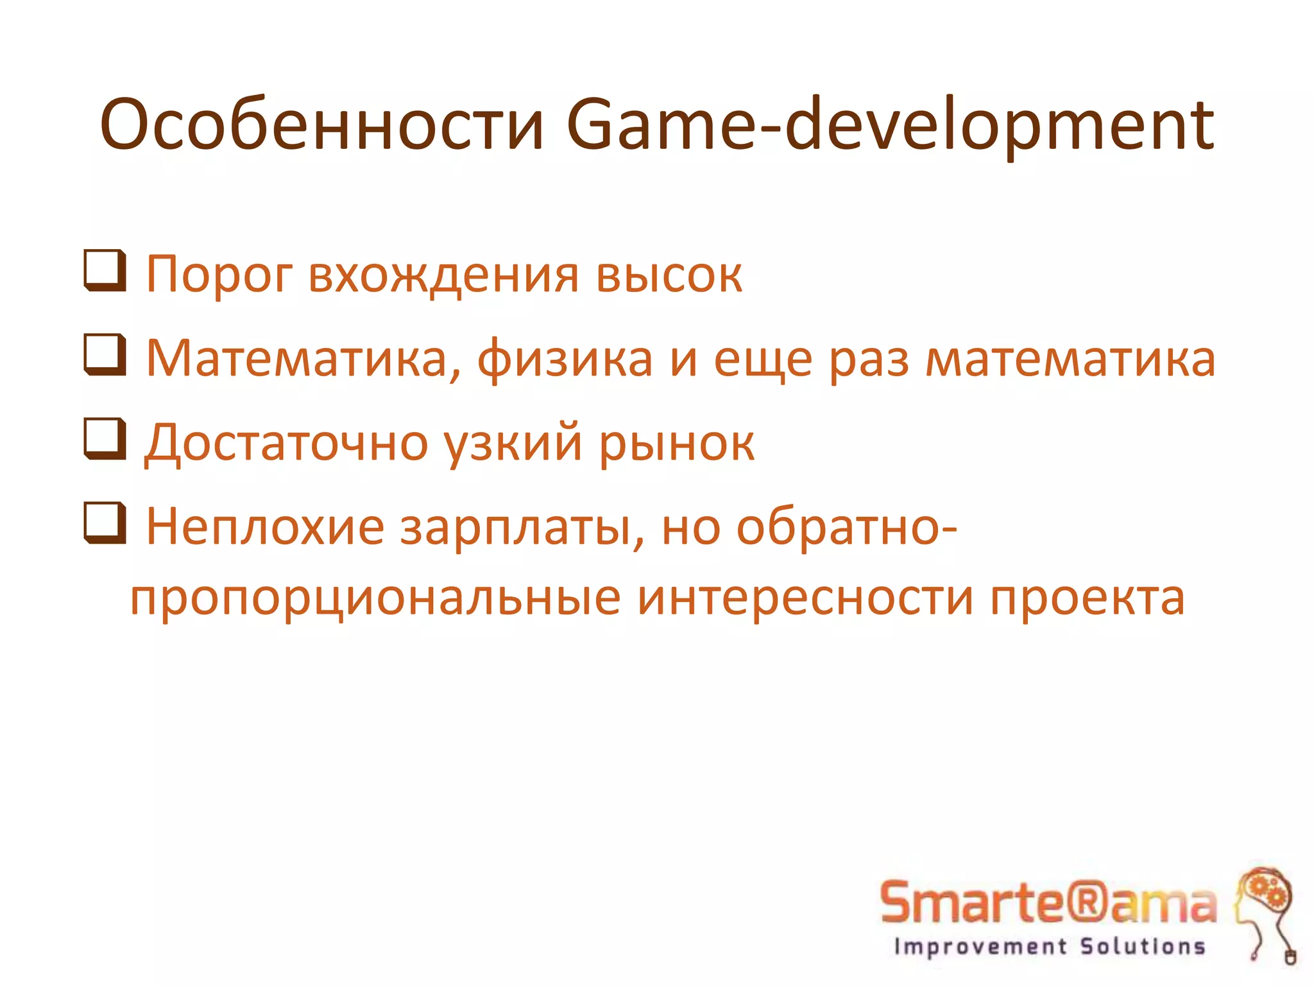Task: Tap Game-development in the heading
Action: pyautogui.click(x=889, y=125)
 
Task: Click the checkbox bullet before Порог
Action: pyautogui.click(x=104, y=272)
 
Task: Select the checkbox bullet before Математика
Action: pyautogui.click(x=104, y=356)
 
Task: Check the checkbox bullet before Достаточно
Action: pyautogui.click(x=104, y=440)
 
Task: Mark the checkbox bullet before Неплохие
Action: pyautogui.click(x=104, y=524)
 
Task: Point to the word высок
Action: pyautogui.click(x=669, y=276)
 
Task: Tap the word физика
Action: pyautogui.click(x=565, y=359)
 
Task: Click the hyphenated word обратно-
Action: pyautogui.click(x=846, y=526)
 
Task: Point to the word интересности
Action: pyautogui.click(x=805, y=597)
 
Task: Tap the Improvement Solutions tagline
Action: pyautogui.click(x=1050, y=946)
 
